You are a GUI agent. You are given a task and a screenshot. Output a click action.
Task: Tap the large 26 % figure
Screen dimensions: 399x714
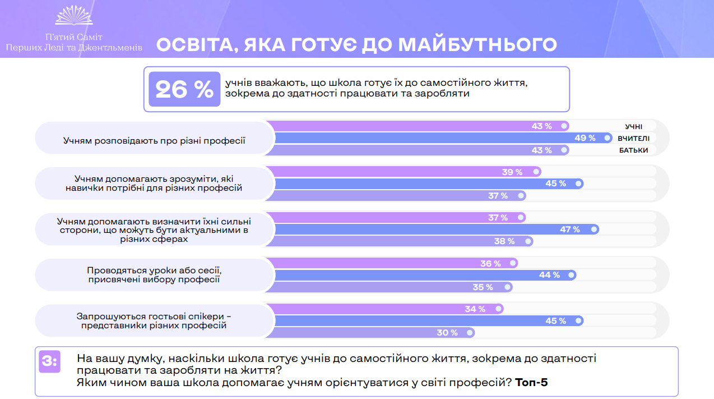click(x=184, y=90)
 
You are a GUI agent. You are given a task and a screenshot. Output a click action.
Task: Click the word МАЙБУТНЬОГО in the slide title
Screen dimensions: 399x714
click(x=477, y=44)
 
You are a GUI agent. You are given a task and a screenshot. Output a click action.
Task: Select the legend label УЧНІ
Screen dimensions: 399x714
click(x=634, y=126)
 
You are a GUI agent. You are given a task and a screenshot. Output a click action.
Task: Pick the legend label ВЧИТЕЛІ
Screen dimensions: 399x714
click(x=633, y=138)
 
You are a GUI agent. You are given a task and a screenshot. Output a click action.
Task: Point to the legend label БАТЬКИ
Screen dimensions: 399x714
click(x=633, y=150)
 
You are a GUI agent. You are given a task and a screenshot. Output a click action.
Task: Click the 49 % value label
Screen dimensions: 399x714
click(x=585, y=138)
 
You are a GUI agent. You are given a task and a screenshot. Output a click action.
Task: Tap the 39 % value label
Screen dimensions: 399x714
click(x=512, y=172)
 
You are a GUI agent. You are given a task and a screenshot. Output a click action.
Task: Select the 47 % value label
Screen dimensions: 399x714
click(x=569, y=230)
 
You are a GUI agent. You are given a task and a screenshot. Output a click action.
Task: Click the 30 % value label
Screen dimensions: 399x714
click(x=447, y=333)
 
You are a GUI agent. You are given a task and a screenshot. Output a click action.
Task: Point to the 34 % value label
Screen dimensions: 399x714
click(x=475, y=309)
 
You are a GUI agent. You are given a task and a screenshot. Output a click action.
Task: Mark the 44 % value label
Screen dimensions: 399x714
click(x=549, y=275)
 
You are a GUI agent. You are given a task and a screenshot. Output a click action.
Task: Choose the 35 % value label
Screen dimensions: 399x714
click(x=483, y=287)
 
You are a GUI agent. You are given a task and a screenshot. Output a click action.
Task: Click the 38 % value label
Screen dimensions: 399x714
click(x=504, y=241)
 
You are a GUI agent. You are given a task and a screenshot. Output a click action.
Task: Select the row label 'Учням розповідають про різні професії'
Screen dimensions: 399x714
click(x=154, y=140)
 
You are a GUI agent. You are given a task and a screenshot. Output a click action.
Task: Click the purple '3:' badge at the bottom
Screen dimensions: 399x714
click(x=50, y=361)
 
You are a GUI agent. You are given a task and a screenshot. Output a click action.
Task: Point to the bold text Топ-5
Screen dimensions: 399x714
click(x=531, y=383)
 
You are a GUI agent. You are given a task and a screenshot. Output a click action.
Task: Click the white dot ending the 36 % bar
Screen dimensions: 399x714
click(x=513, y=263)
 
